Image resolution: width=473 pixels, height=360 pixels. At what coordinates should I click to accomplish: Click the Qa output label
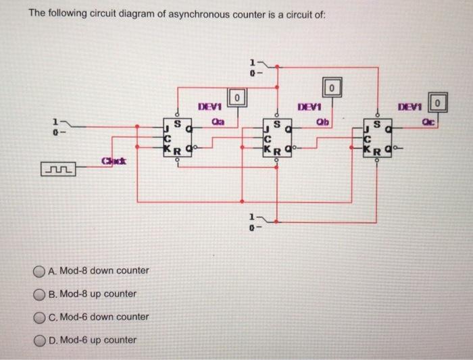pyautogui.click(x=217, y=122)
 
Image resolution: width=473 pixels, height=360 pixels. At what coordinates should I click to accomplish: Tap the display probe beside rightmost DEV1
pyautogui.click(x=439, y=103)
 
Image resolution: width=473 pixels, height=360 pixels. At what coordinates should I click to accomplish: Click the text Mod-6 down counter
pyautogui.click(x=104, y=317)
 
